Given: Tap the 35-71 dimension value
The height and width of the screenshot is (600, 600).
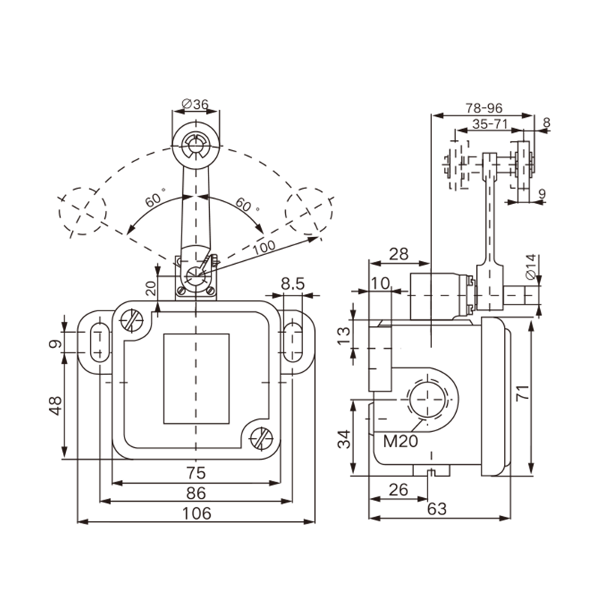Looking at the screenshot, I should click(x=490, y=122).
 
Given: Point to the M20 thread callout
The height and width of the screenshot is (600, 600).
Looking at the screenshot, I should click(x=399, y=440).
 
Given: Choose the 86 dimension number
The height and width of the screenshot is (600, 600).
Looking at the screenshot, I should click(x=196, y=493).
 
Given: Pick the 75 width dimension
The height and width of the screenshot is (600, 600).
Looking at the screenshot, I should click(x=196, y=473).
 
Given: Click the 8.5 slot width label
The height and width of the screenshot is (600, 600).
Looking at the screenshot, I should click(x=291, y=284).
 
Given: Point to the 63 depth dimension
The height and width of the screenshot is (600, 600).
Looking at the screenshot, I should click(x=436, y=509).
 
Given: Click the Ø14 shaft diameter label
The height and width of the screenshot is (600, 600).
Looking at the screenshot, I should click(x=529, y=268).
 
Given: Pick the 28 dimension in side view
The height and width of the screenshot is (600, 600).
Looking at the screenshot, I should click(x=399, y=253).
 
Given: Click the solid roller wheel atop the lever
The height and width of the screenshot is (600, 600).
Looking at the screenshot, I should click(x=196, y=145).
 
